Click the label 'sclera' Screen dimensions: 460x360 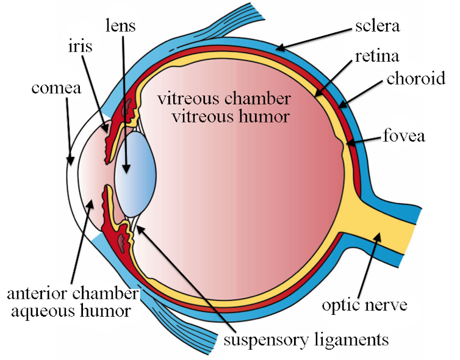pos(377,26)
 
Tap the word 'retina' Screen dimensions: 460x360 pos(377,56)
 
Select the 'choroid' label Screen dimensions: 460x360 pos(415,78)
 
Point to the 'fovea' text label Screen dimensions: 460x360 pos(404,135)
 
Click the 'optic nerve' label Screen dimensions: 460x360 pos(365,305)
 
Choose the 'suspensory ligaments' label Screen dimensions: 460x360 pos(306,340)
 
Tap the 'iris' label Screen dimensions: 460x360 pos(80,46)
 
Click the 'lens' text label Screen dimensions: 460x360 pos(121,25)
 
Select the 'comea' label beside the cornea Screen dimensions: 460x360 pos(56,88)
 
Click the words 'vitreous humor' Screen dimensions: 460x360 pos(231,117)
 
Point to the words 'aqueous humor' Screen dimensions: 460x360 pos(71,311)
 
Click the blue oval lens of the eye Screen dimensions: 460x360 pos(135,174)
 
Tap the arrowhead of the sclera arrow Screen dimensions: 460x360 pos(281,47)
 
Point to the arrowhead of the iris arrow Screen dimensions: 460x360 pos(106,128)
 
